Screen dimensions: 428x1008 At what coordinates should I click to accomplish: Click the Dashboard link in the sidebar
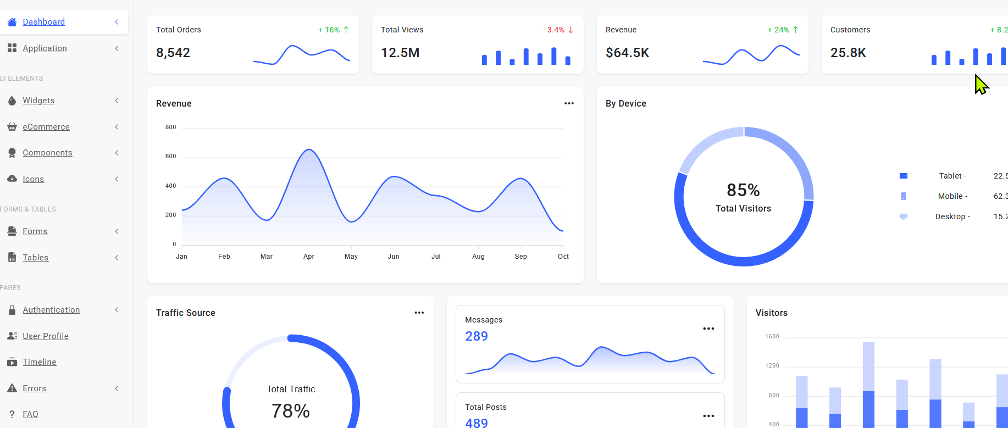[44, 22]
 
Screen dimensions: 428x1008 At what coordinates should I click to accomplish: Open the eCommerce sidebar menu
[46, 127]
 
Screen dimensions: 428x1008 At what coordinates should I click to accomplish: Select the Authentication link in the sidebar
[51, 310]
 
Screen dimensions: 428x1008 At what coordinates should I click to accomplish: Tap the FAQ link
[30, 414]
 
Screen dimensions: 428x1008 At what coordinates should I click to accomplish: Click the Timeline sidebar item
[40, 362]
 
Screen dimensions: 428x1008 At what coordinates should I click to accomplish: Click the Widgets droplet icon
[12, 101]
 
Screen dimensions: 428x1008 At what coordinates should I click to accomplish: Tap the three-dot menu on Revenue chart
[569, 103]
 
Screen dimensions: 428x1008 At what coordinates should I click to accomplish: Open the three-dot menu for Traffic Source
[419, 313]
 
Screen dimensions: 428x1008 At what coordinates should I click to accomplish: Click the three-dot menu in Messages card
[708, 329]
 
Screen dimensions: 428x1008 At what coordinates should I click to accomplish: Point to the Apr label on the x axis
[309, 257]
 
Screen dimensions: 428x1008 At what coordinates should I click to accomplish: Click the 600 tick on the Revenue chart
[171, 157]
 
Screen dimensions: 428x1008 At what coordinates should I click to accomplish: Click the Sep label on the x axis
[521, 257]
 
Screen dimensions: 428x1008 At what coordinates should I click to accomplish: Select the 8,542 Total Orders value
[173, 53]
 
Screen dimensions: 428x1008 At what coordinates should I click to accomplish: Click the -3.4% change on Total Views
[553, 30]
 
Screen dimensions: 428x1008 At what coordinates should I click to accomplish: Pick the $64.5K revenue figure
[628, 53]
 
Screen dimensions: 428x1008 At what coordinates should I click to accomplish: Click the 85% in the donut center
[743, 190]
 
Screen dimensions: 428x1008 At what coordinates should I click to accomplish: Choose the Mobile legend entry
[952, 196]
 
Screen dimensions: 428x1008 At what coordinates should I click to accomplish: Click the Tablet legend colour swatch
[903, 176]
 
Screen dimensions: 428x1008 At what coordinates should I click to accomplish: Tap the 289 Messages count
[477, 336]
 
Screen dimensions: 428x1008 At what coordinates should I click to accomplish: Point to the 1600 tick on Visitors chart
[772, 337]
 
